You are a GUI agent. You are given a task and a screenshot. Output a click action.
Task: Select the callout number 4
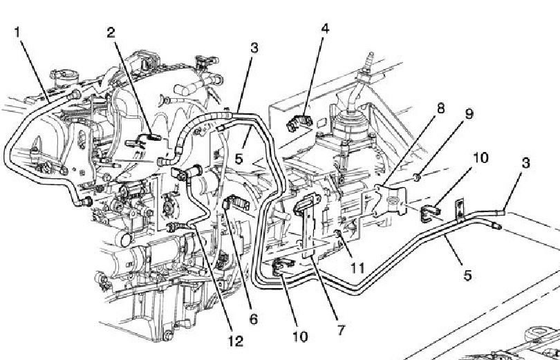point(325,28)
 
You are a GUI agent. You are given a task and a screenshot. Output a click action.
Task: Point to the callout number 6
point(253,319)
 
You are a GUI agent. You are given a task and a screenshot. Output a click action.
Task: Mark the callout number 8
point(440,108)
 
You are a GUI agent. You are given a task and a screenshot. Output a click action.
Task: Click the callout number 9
point(469,114)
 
